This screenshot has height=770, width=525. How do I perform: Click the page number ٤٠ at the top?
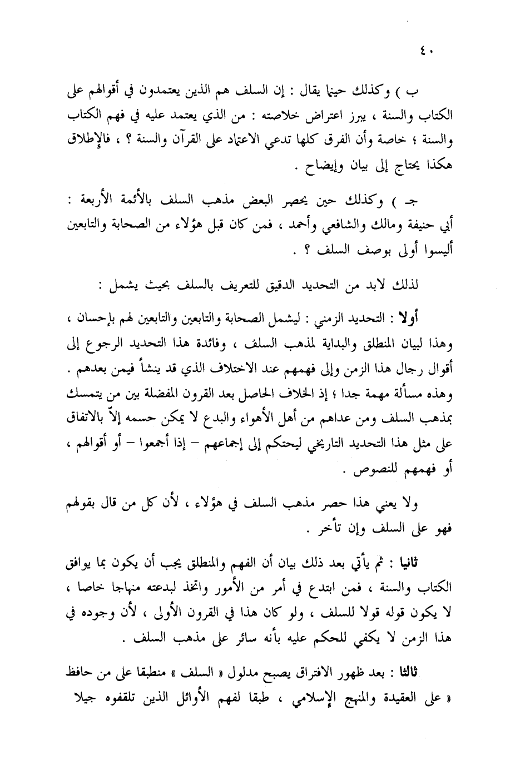427,53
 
